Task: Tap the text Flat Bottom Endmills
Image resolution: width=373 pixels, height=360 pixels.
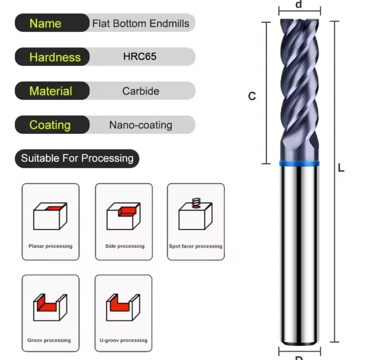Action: coord(141,24)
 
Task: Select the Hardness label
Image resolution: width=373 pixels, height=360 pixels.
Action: coord(54,57)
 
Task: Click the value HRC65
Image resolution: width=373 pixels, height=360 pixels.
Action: coord(140,57)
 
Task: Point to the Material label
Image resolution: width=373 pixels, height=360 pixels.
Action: coord(51,91)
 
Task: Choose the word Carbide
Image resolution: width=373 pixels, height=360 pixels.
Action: coord(141,91)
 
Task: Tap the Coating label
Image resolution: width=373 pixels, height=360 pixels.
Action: coord(50,125)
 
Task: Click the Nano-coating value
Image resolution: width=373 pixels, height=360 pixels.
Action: coord(141,125)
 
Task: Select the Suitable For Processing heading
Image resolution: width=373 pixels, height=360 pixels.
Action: coord(77,158)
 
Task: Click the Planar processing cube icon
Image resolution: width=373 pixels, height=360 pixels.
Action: coord(50,217)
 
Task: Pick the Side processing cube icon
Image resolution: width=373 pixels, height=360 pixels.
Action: coord(123,216)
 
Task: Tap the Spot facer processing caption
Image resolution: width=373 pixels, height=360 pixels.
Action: coord(196,246)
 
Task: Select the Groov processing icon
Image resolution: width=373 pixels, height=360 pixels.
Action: coord(50,307)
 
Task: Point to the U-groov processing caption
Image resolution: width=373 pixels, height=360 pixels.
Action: coord(123,340)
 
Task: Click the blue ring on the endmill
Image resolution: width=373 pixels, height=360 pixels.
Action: coord(299,164)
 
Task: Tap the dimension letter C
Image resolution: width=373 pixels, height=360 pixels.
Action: coord(252,96)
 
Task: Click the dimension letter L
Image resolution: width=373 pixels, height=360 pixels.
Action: coord(341,168)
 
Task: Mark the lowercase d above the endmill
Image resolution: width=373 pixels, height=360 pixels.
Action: coord(299,5)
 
